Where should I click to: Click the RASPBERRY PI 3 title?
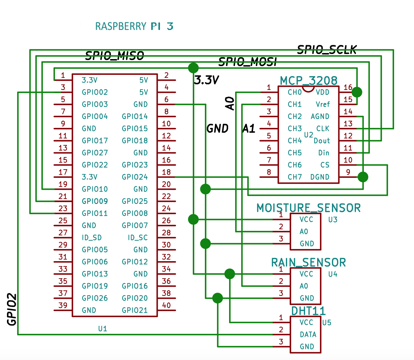pyautogui.click(x=134, y=26)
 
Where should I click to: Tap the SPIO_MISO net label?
pyautogui.click(x=115, y=56)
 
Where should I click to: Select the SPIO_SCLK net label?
pyautogui.click(x=327, y=50)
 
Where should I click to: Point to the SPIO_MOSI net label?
pyautogui.click(x=247, y=62)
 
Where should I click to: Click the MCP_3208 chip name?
pyautogui.click(x=308, y=81)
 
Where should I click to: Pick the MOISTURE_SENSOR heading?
pyautogui.click(x=308, y=208)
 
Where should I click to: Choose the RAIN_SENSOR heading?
pyautogui.click(x=308, y=262)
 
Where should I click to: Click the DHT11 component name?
pyautogui.click(x=308, y=311)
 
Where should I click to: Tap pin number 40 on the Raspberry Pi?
pyautogui.click(x=166, y=305)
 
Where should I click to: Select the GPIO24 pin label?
pyautogui.click(x=135, y=177)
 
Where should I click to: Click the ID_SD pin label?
pyautogui.click(x=92, y=238)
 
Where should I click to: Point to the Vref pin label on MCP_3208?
pyautogui.click(x=322, y=105)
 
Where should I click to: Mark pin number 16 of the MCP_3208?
pyautogui.click(x=348, y=87)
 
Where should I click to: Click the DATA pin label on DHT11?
pyautogui.click(x=308, y=335)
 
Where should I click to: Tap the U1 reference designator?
pyautogui.click(x=103, y=329)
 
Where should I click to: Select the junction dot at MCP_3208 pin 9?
pyautogui.click(x=363, y=177)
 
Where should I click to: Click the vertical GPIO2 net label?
pyautogui.click(x=12, y=309)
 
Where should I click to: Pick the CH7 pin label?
pyautogui.click(x=295, y=177)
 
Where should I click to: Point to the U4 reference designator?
pyautogui.click(x=333, y=274)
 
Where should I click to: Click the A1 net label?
pyautogui.click(x=249, y=129)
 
